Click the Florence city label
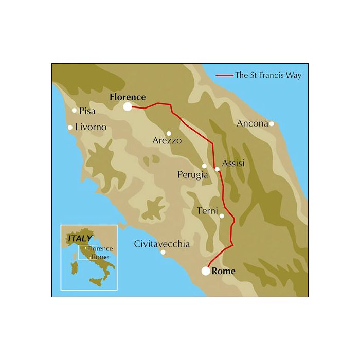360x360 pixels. pos(128,97)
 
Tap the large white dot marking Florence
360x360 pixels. pos(128,106)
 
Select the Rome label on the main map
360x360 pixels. pos(223,272)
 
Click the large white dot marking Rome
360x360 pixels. pos(206,271)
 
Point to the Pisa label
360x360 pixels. pos(88,111)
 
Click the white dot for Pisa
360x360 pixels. pos(74,110)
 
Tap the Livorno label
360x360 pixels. pos(91,127)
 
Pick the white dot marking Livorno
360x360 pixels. pos(70,128)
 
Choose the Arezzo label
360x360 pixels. pos(167,140)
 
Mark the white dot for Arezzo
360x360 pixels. pos(169,133)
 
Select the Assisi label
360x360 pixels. pos(232,164)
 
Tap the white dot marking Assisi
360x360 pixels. pos(217,169)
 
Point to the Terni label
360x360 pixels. pos(208,211)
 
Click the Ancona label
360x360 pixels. pos(253,123)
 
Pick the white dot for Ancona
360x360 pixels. pos(272,123)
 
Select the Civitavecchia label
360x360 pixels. pos(161,244)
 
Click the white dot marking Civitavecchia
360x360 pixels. pos(163,252)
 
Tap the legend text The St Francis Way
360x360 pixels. pos(268,75)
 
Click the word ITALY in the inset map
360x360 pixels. pos(80,239)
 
